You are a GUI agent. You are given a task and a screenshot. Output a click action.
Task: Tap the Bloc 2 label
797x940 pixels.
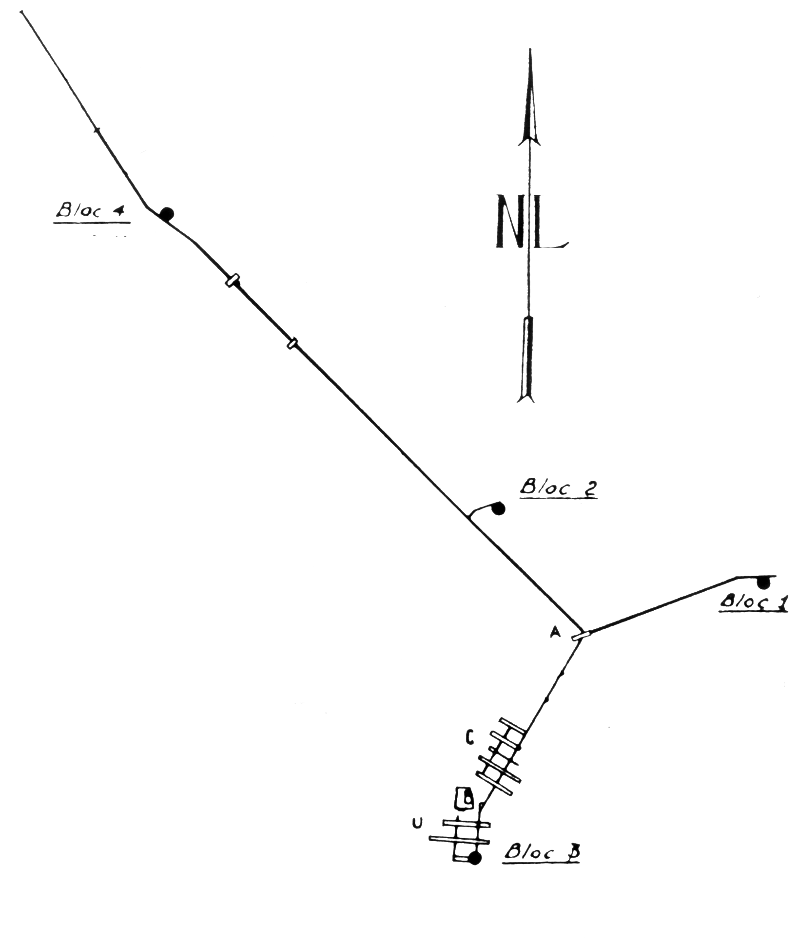[x=558, y=488]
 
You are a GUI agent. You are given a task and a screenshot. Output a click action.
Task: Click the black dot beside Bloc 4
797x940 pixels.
[x=167, y=213]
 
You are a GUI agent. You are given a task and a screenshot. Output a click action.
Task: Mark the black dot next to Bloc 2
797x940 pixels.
[x=498, y=509]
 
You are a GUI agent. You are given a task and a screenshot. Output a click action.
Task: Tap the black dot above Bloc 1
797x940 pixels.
[x=763, y=582]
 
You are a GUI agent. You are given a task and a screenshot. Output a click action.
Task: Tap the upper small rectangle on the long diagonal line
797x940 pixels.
[x=233, y=281]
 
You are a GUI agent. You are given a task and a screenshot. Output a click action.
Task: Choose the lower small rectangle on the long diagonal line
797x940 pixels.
[x=292, y=344]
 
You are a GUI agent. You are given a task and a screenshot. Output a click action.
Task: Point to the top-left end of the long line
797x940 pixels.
[x=22, y=12]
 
